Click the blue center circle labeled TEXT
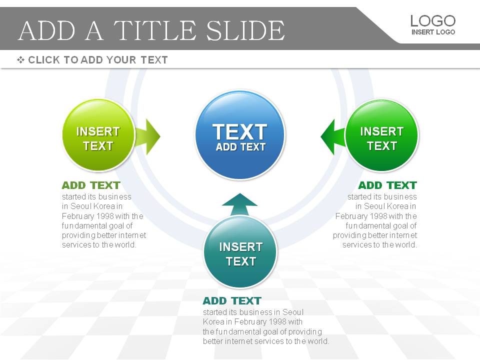pos(240,135)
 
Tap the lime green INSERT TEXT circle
pos(98,135)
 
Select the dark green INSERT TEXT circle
pos(381,135)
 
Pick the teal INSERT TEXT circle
pos(240,251)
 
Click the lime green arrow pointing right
pos(148,137)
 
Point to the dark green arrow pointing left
pos(333,137)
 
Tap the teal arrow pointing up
pos(239,204)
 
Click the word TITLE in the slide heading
pos(155,30)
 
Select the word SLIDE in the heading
pos(245,30)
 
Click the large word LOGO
pos(433,21)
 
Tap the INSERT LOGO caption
pos(433,32)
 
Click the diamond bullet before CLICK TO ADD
pos(21,59)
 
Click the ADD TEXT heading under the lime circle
pos(91,185)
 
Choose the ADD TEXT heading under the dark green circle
pos(387,185)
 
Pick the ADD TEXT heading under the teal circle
pos(232,300)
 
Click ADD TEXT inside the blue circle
pos(240,147)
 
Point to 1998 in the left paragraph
pos(104,216)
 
